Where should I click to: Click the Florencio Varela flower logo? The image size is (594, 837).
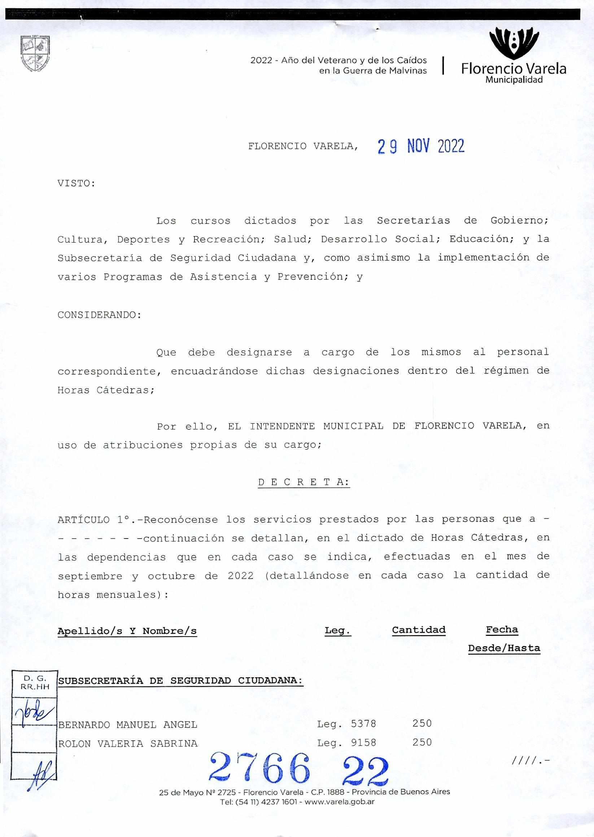[x=514, y=43]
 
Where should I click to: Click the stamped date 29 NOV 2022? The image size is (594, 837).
[x=421, y=146]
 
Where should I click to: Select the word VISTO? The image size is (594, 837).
[x=76, y=184]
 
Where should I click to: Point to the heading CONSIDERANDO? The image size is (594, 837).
[x=99, y=315]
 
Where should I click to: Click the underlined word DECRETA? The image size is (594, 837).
[x=303, y=482]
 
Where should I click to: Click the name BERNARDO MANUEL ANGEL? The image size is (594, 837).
[x=128, y=724]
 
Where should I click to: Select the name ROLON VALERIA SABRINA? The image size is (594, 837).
[x=128, y=743]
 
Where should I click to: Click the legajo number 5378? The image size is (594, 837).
[x=363, y=723]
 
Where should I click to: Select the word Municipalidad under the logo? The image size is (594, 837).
[x=514, y=80]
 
